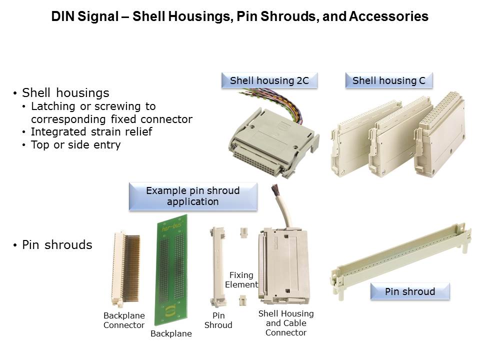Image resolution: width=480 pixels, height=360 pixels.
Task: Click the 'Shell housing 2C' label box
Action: (x=269, y=80)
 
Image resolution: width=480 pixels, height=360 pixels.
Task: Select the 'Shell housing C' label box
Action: (x=389, y=80)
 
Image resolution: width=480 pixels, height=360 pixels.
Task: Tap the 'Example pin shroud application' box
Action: (x=193, y=196)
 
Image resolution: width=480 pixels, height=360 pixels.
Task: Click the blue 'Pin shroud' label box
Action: (x=410, y=291)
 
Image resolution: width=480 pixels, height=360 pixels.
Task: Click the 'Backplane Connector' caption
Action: (x=124, y=320)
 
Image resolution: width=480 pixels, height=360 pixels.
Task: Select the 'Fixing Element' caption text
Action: (x=241, y=280)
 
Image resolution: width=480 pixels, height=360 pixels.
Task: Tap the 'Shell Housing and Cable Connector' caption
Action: (x=286, y=323)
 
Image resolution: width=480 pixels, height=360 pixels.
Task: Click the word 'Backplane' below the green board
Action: (x=171, y=333)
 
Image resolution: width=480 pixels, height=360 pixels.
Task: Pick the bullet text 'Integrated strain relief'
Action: (x=91, y=131)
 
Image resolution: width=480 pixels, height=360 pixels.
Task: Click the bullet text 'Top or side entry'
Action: (x=75, y=145)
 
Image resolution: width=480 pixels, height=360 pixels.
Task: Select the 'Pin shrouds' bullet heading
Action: (x=57, y=245)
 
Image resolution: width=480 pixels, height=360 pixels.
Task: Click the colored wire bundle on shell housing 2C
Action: (x=275, y=102)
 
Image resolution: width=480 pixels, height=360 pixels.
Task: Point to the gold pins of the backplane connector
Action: (x=131, y=268)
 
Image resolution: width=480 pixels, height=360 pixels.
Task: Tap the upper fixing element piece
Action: (x=244, y=232)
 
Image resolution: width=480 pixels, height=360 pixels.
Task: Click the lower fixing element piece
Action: (x=242, y=300)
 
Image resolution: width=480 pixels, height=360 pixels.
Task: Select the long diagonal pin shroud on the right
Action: (x=401, y=260)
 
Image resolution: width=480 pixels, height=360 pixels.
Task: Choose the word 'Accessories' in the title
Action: (x=388, y=16)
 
